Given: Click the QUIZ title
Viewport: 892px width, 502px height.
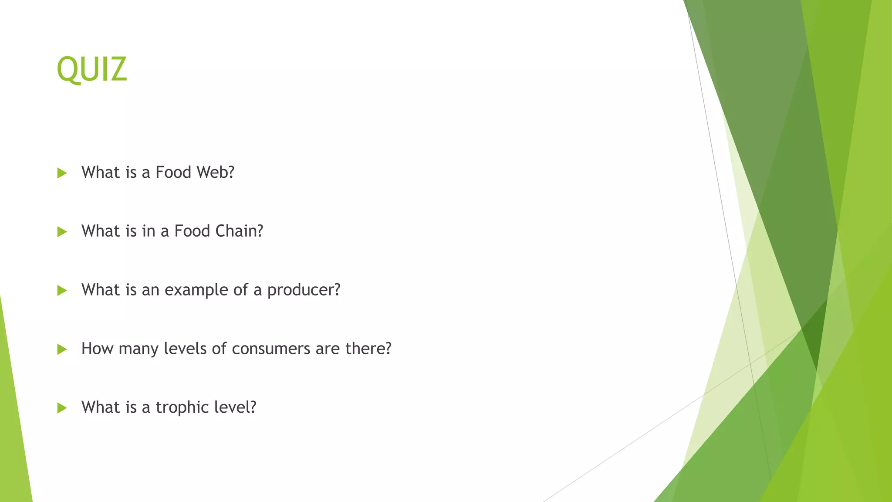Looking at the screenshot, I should point(92,69).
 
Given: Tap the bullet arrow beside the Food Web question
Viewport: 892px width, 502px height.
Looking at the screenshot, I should point(62,173).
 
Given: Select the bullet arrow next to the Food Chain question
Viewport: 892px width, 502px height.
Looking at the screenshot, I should point(62,232).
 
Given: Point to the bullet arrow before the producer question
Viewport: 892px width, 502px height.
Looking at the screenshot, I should point(62,291).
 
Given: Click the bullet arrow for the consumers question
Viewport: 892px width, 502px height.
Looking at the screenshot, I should point(62,349).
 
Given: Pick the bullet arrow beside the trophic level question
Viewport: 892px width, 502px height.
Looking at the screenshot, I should point(62,408).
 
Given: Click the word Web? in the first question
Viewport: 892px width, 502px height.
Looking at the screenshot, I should point(215,173).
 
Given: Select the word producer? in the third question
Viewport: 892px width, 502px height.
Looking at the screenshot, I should point(304,290).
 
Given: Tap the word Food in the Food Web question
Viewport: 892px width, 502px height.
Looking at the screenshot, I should point(173,173).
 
